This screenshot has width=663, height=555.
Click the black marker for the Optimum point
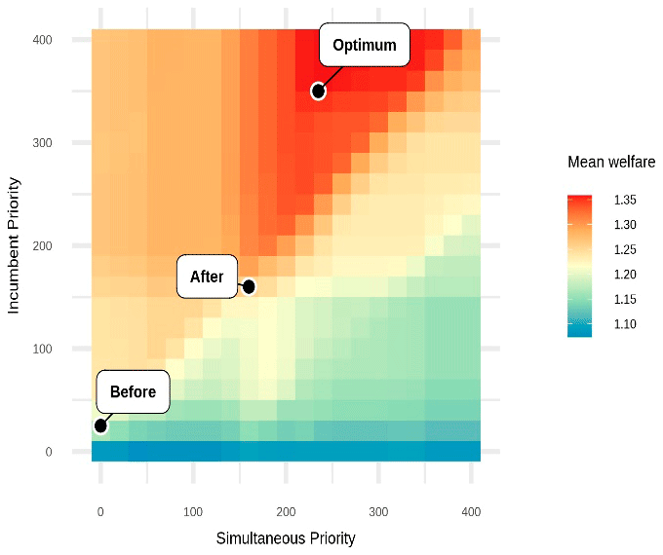[318, 92]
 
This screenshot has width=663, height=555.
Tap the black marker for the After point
[249, 286]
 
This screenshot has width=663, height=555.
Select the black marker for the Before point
[100, 425]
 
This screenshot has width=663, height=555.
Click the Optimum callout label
[365, 46]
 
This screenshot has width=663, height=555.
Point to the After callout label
[207, 277]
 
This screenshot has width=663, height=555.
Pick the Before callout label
[133, 392]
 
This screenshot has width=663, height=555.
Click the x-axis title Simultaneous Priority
[286, 537]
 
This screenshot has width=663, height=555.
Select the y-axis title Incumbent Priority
[15, 245]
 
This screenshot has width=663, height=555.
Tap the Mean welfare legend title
[611, 163]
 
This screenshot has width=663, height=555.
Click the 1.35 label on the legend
[625, 200]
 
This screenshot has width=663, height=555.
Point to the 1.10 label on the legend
[625, 324]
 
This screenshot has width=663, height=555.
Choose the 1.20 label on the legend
[625, 275]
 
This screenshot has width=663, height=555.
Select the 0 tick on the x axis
[100, 511]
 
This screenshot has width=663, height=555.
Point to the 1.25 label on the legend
[625, 249]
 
